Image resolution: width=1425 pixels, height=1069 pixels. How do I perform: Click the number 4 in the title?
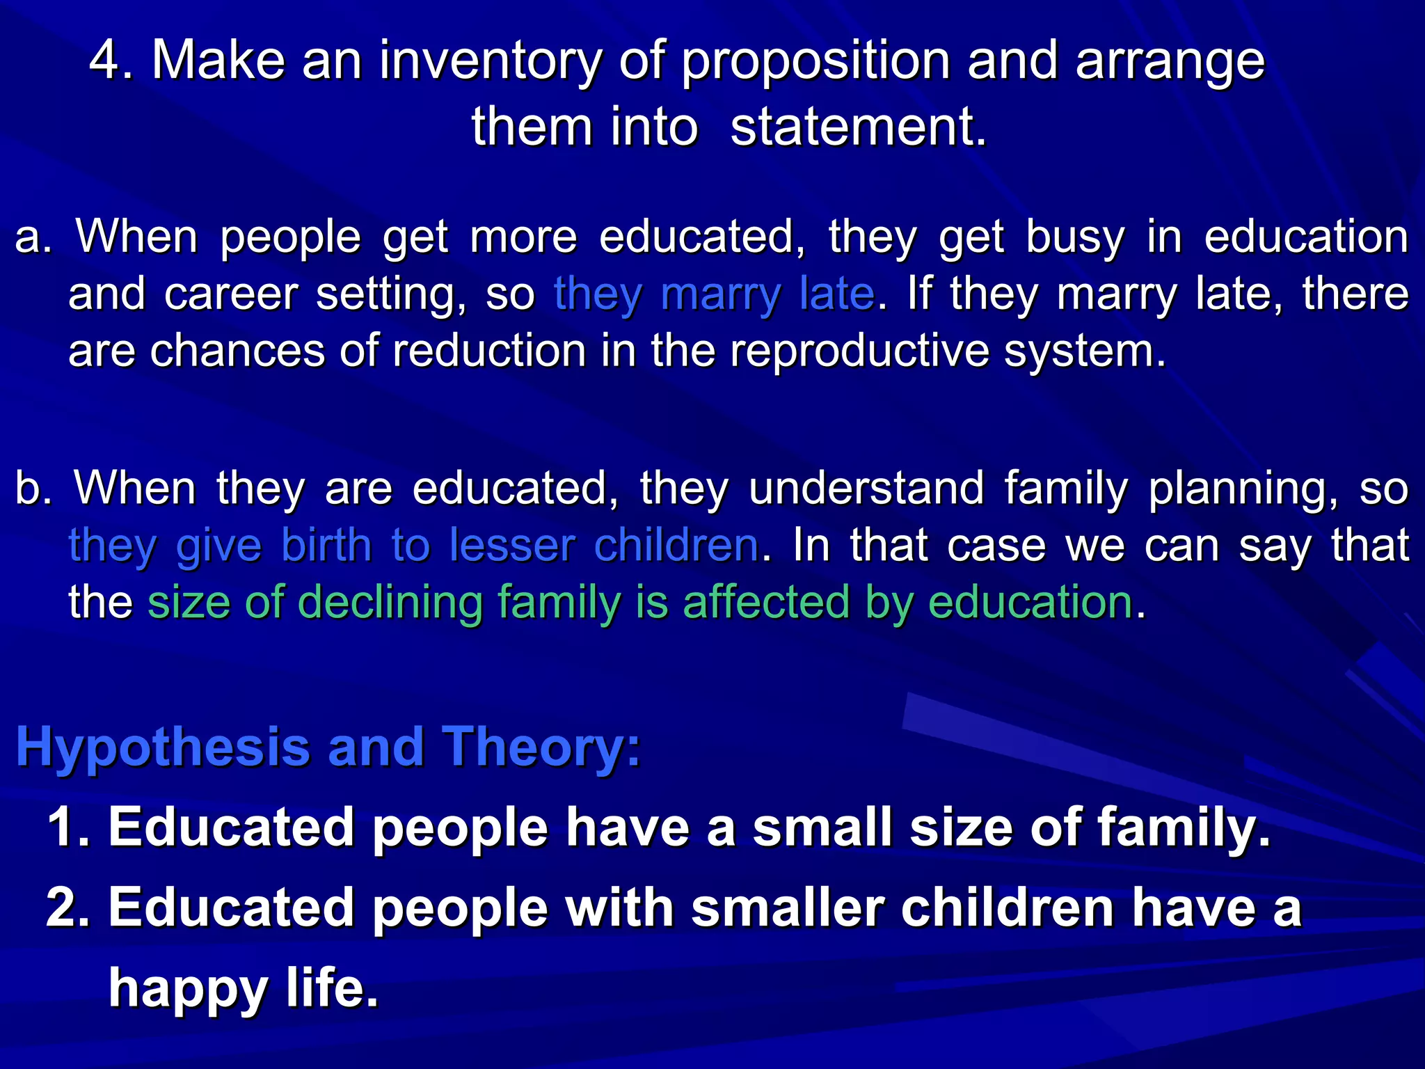pos(104,61)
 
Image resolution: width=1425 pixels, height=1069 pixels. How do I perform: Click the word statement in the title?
pos(857,128)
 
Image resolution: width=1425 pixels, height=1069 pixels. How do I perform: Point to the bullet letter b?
pos(32,489)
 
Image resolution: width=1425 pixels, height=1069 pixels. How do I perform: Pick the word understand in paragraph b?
pos(866,489)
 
